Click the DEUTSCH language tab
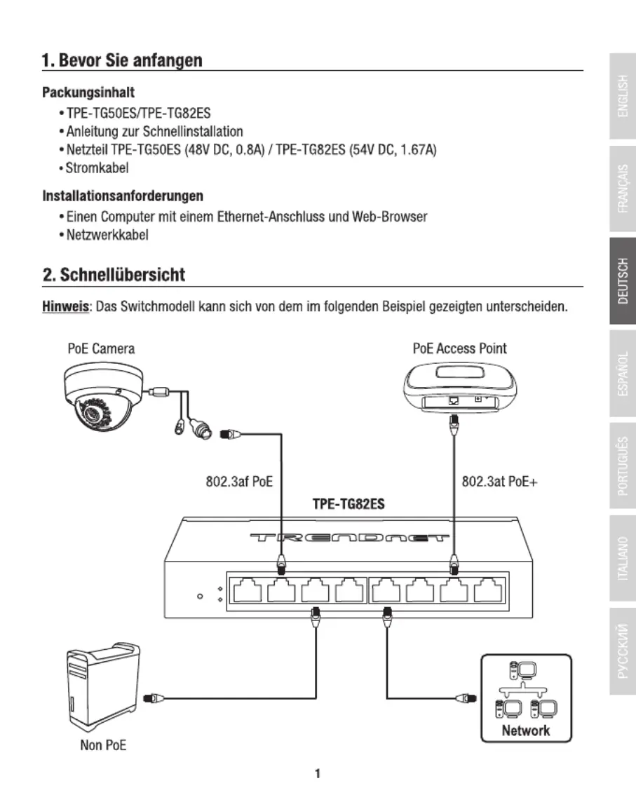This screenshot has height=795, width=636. (623, 281)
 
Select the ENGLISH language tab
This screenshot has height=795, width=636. (623, 96)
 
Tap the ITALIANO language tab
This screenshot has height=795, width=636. (623, 558)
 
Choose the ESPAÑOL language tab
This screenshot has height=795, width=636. (623, 373)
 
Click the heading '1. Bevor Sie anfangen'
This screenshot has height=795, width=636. (122, 60)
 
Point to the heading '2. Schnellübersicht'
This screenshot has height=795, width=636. (114, 275)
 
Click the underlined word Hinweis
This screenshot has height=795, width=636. (65, 307)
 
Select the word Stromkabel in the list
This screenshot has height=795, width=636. (97, 168)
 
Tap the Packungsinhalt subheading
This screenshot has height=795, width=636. (88, 93)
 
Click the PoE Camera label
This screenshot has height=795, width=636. (101, 349)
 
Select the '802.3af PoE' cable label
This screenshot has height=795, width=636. (239, 481)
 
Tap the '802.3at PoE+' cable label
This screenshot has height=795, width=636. (499, 481)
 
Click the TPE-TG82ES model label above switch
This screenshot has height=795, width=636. (349, 504)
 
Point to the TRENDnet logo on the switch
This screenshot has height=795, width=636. (349, 538)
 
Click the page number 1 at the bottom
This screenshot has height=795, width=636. (318, 774)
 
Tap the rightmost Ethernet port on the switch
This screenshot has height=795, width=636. (489, 590)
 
